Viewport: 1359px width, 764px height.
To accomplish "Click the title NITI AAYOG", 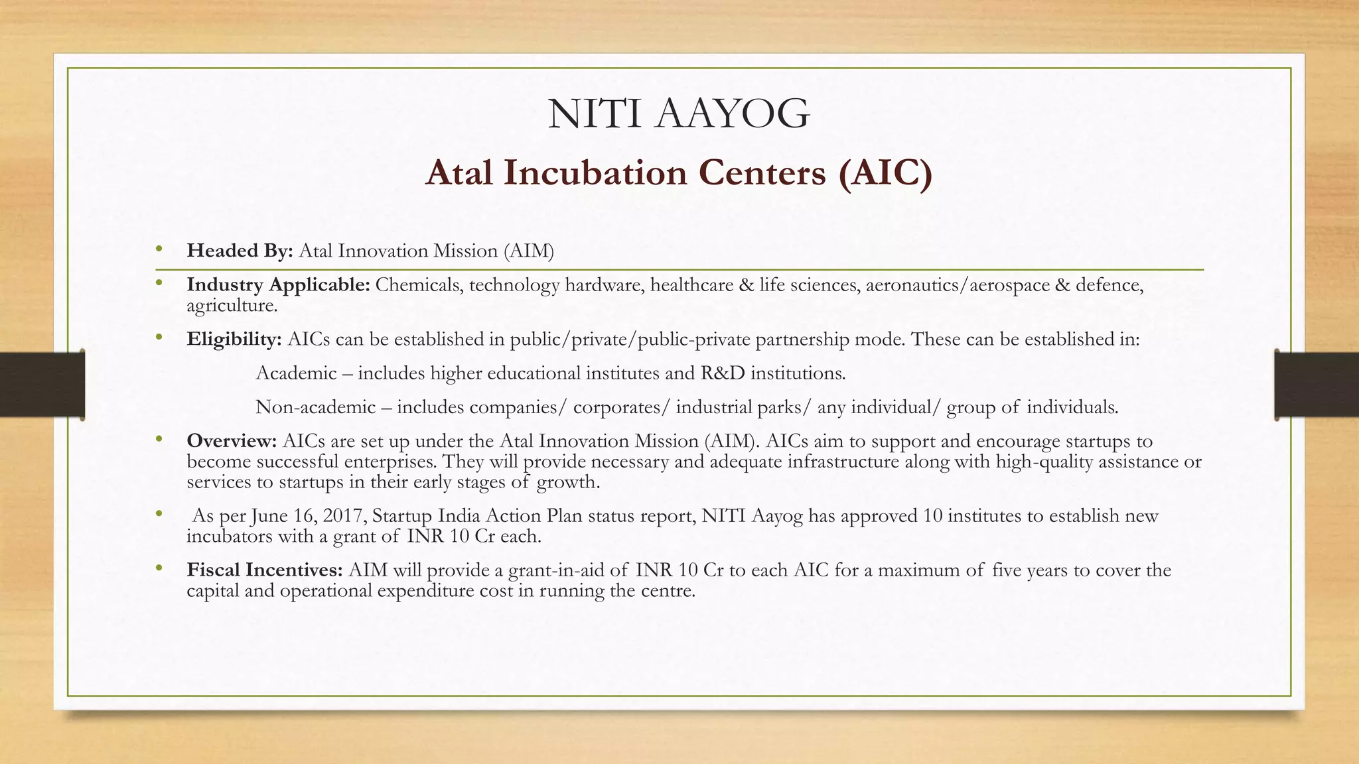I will click(x=679, y=113).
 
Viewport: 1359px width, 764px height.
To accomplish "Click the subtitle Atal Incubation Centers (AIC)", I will click(x=679, y=173).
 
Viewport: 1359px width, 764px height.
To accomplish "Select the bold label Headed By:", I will click(x=240, y=251).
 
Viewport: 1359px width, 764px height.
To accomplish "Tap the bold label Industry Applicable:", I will click(x=278, y=285).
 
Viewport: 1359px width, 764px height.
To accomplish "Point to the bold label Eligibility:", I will click(x=234, y=340).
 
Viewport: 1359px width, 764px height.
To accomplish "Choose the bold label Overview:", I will click(x=232, y=441).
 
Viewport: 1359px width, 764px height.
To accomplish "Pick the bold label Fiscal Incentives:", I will click(x=265, y=570).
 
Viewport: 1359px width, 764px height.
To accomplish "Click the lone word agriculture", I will click(x=232, y=306).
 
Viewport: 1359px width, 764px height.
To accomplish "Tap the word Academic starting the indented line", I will click(x=296, y=373).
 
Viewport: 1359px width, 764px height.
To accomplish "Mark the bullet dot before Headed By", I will click(x=159, y=249).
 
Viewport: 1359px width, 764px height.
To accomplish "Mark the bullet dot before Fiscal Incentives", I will click(x=159, y=569).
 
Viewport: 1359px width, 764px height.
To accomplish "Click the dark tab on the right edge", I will click(x=1317, y=385).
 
